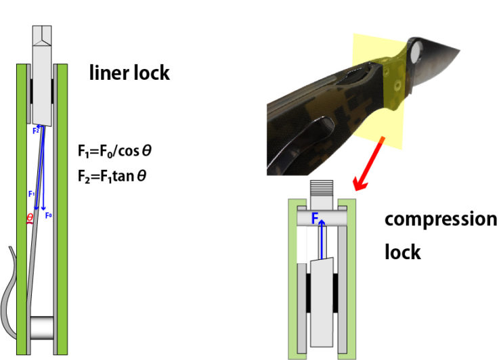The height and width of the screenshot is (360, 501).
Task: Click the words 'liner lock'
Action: point(129,72)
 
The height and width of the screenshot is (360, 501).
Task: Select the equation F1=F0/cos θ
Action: point(114,150)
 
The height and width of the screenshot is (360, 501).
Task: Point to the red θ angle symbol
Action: point(28,218)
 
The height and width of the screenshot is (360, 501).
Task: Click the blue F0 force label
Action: point(48,215)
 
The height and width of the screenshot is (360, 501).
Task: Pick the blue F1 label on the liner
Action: point(31,194)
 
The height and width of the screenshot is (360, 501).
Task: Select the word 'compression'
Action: point(440,220)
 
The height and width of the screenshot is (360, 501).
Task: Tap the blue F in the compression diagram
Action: point(314,219)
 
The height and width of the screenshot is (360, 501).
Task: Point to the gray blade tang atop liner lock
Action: point(42,74)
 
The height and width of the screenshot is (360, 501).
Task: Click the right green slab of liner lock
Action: point(62,203)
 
